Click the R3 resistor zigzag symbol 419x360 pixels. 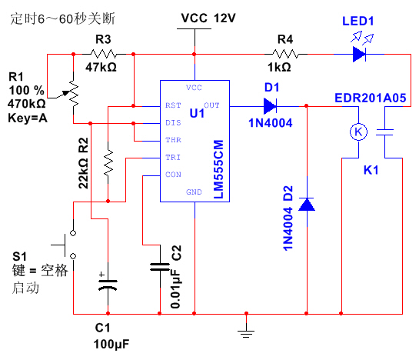tap(104, 54)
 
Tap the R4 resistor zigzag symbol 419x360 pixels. tap(285, 54)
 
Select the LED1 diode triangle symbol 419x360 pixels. tap(359, 54)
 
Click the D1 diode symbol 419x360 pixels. tap(270, 106)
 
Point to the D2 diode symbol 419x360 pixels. tap(307, 205)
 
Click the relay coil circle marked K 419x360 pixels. tap(358, 132)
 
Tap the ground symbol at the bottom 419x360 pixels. tap(246, 334)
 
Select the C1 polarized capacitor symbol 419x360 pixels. tap(108, 285)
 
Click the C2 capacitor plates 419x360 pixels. tap(160, 267)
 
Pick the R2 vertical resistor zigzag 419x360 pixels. tap(108, 162)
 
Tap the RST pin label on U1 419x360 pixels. tap(173, 105)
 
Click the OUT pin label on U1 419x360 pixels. tap(211, 105)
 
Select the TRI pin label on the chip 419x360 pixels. tap(173, 157)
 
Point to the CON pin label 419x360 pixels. tap(173, 175)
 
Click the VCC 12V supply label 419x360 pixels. tap(208, 18)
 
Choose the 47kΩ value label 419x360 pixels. tap(101, 67)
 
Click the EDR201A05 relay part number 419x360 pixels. tap(371, 98)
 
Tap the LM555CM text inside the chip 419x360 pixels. tap(218, 169)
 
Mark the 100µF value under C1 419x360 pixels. tap(111, 345)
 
